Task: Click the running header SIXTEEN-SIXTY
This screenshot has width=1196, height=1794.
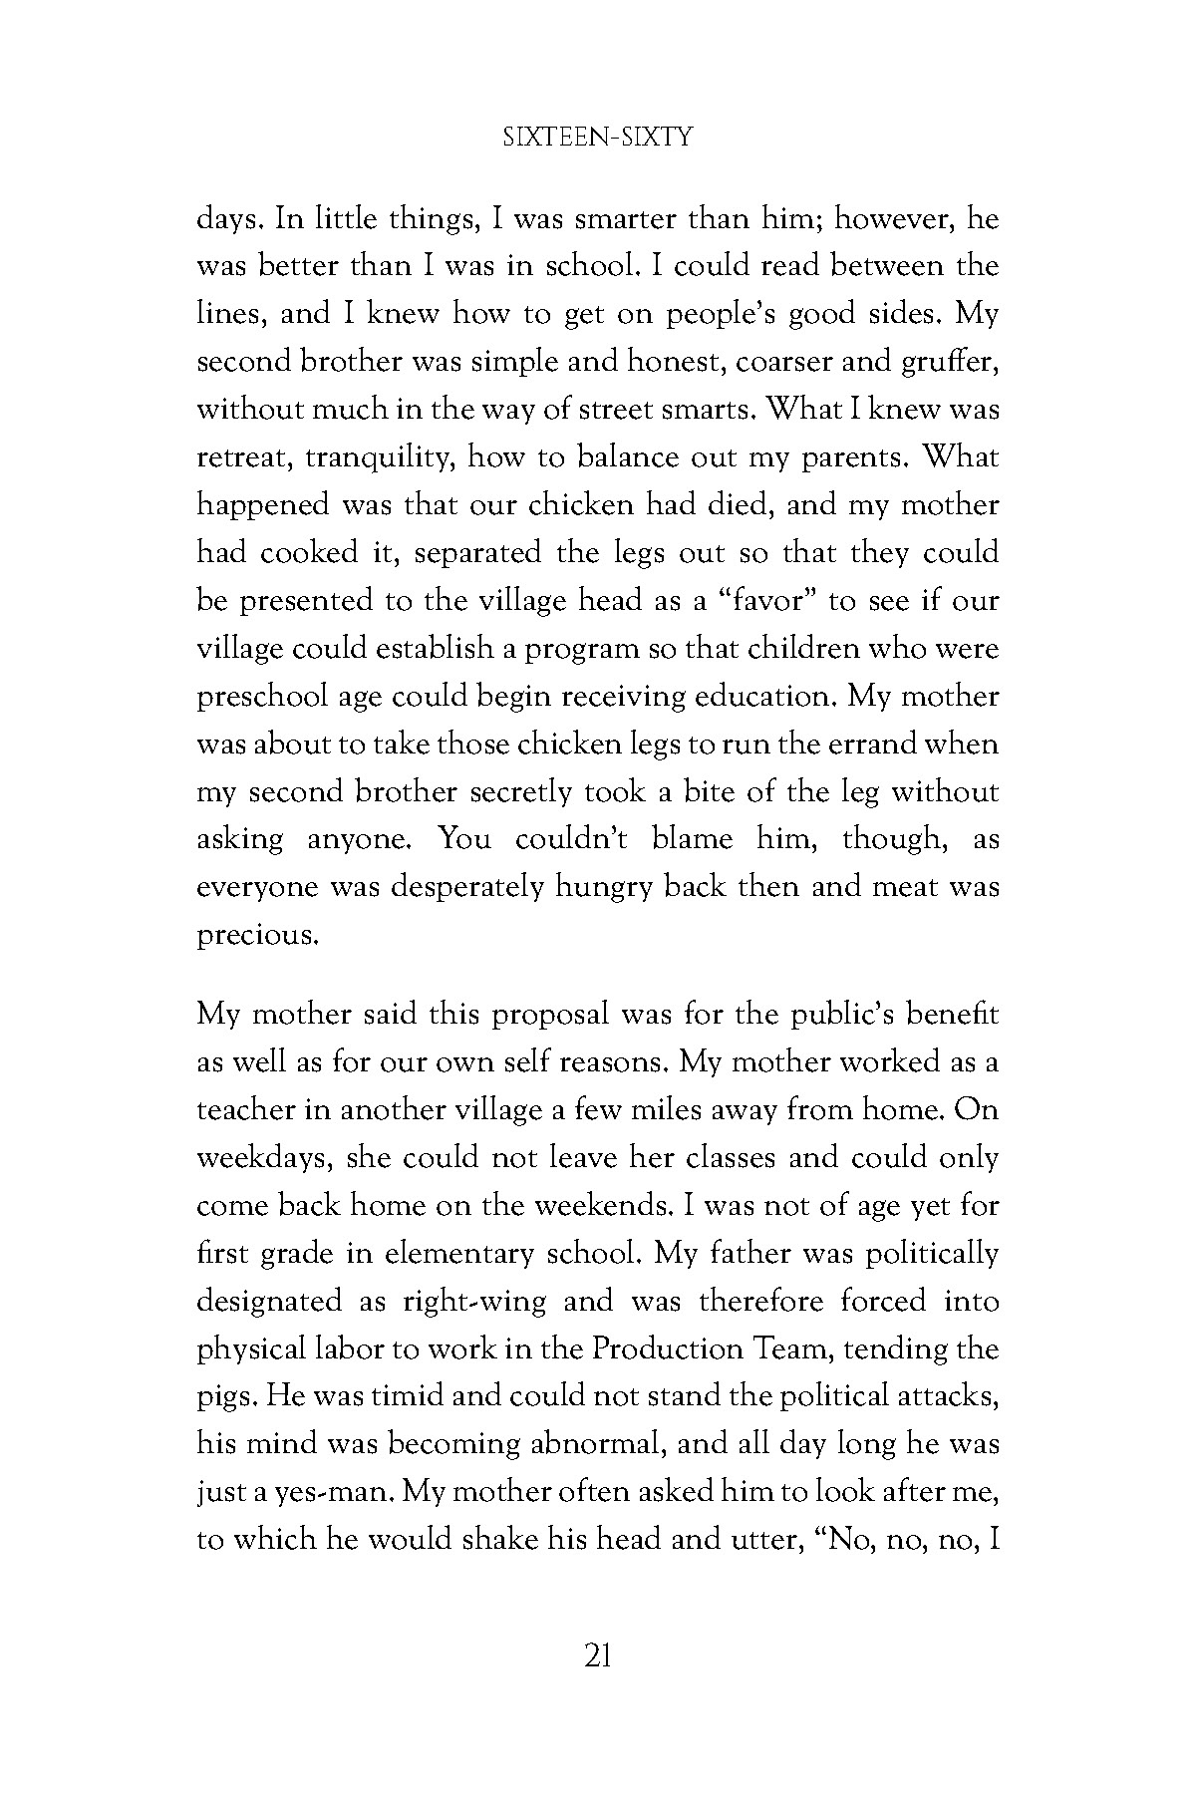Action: [x=597, y=139]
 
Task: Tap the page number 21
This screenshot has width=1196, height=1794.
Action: [x=597, y=1656]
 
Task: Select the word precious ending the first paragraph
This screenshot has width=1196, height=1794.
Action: [x=257, y=937]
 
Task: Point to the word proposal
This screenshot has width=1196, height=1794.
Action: [x=536, y=1016]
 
